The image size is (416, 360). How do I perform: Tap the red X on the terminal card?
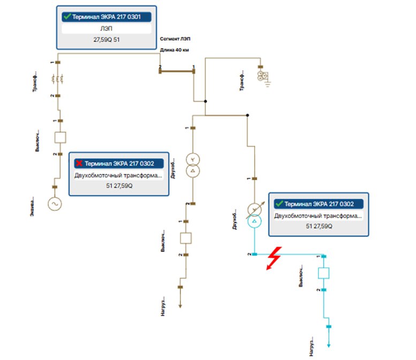tap(79, 164)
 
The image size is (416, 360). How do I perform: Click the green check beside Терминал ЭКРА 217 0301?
tap(66, 17)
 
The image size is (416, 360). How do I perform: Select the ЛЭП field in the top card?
tap(107, 29)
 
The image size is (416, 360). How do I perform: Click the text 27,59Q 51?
tap(107, 40)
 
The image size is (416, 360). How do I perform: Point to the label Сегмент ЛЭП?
tap(175, 40)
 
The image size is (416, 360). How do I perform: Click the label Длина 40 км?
tap(175, 50)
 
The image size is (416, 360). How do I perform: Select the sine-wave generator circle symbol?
tap(55, 204)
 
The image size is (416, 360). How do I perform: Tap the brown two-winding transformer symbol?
tap(192, 165)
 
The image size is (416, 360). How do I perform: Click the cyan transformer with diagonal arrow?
tap(255, 215)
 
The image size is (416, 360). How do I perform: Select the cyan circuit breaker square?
tap(323, 273)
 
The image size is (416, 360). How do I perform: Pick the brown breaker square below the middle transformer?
tap(185, 238)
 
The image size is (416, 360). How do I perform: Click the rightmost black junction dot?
tap(247, 115)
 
